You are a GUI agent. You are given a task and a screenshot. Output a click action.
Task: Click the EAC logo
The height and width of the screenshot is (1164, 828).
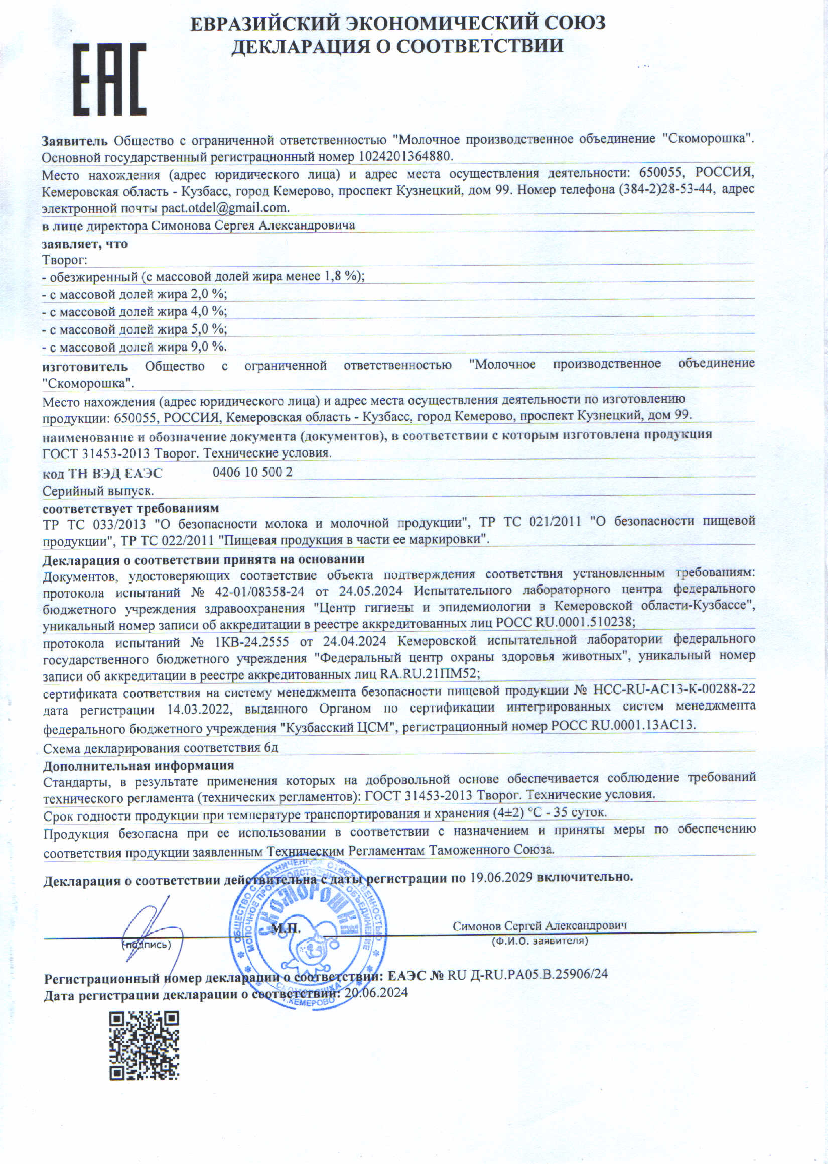pyautogui.click(x=110, y=80)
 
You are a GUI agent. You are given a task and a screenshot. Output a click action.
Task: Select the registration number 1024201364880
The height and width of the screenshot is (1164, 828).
pyautogui.click(x=405, y=156)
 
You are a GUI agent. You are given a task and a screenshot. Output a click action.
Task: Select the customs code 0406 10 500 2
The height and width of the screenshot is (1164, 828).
pyautogui.click(x=252, y=472)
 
